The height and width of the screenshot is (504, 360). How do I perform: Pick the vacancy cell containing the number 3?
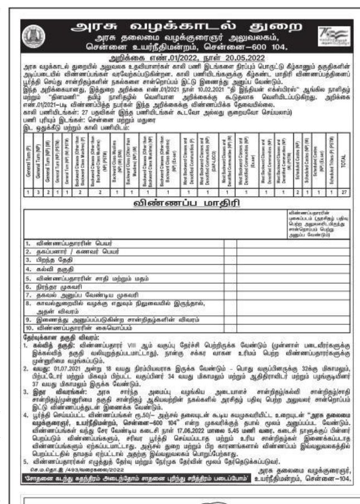(38, 192)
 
